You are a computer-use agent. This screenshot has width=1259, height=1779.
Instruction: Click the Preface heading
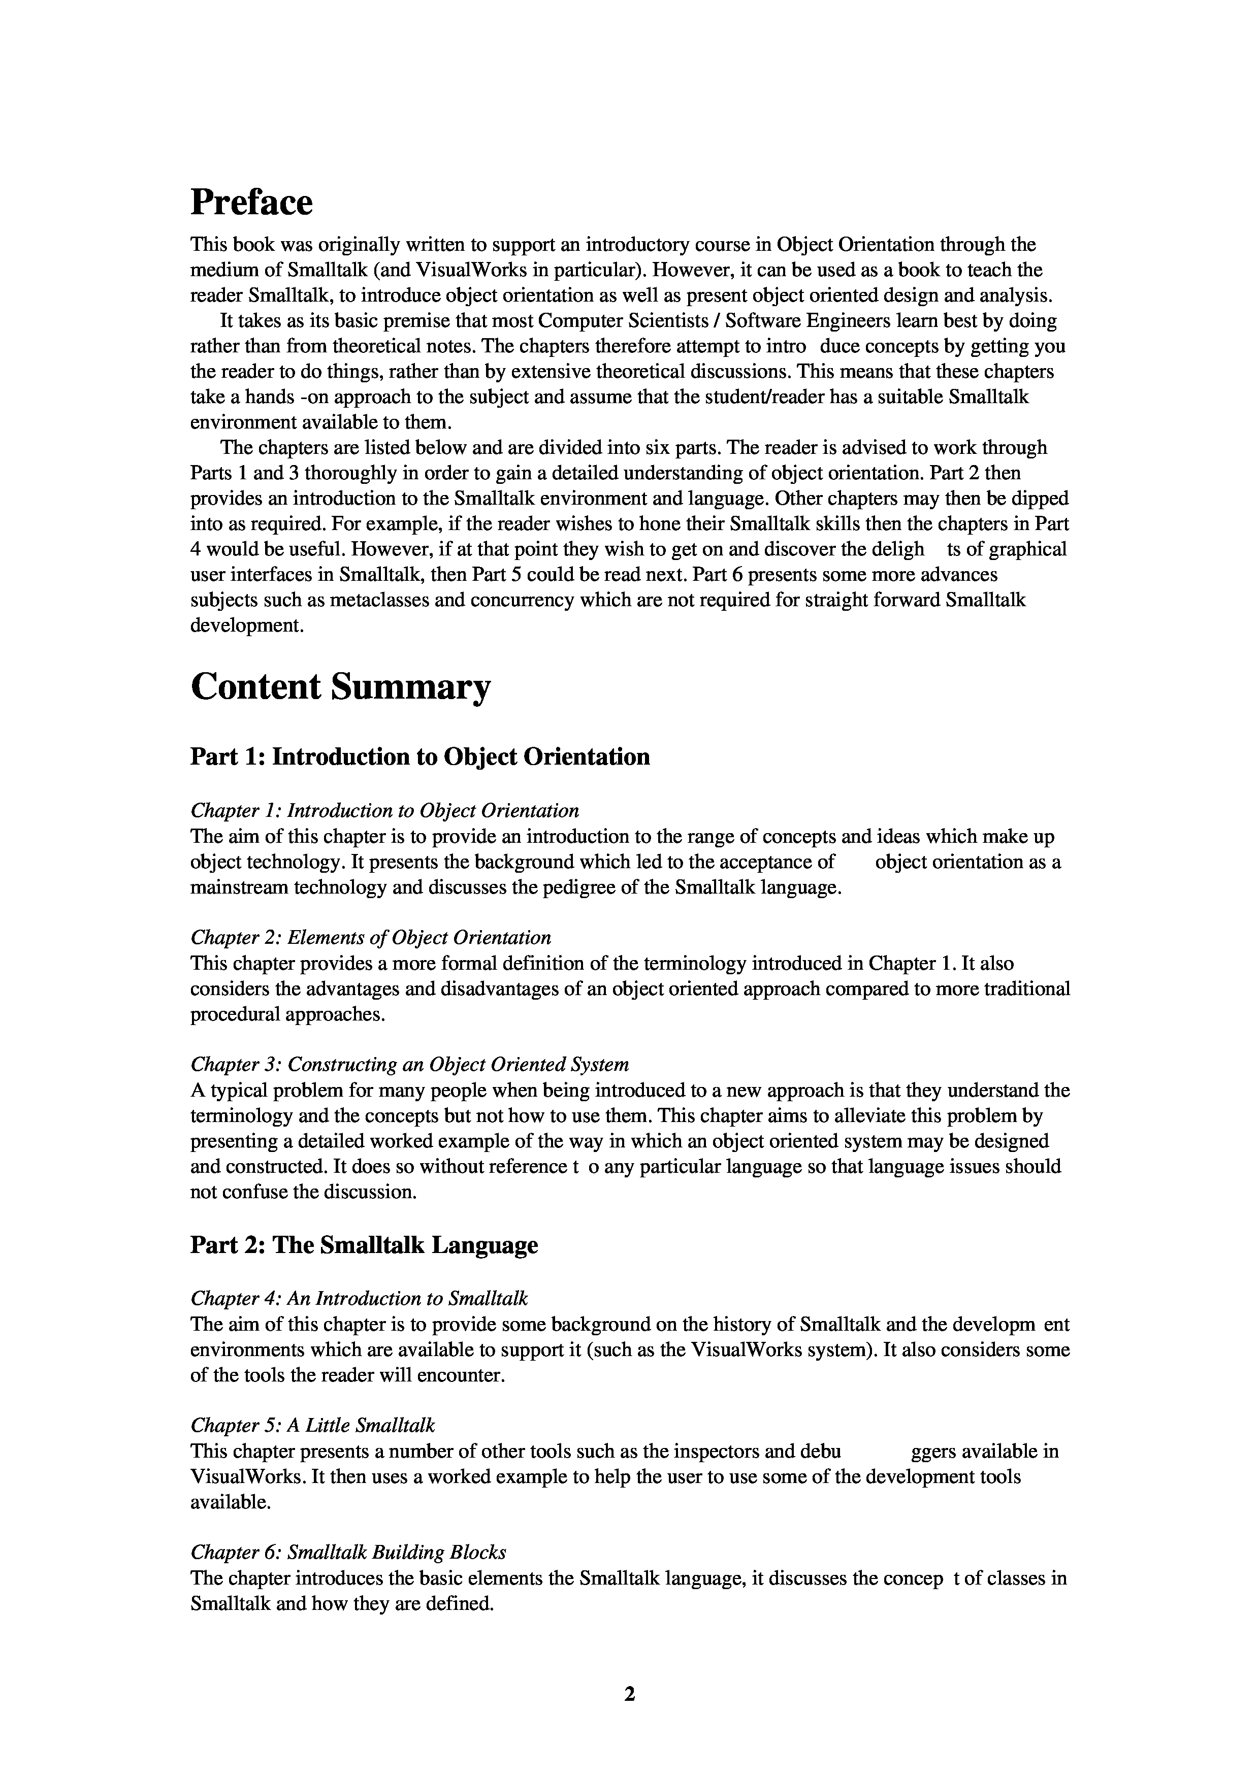(251, 203)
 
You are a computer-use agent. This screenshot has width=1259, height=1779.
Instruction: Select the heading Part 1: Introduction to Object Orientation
(419, 756)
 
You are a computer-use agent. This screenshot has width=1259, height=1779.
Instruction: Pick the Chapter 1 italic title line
(384, 811)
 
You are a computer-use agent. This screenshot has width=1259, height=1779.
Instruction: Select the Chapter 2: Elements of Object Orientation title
(371, 938)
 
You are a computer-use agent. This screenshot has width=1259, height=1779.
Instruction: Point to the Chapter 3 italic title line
(409, 1065)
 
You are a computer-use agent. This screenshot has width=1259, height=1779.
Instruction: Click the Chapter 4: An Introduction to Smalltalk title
(359, 1299)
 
